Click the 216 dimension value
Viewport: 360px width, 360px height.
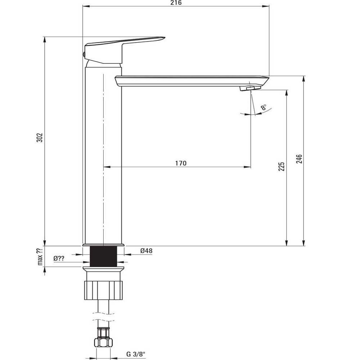point(176,3)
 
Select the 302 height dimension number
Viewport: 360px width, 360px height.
point(40,137)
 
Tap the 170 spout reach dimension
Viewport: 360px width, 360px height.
point(181,163)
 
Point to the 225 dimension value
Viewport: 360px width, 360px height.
point(281,166)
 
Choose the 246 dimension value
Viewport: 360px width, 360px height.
point(299,159)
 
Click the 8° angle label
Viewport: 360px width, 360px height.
point(264,107)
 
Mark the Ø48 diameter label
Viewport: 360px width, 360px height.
point(146,251)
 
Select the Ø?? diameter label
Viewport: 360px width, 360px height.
point(59,258)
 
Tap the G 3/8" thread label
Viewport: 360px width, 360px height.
point(136,354)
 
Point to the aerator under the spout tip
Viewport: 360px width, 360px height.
point(250,88)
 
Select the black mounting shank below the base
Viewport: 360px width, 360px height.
point(104,256)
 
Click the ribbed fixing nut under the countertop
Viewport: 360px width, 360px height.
point(104,290)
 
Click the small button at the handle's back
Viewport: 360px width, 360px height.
point(84,55)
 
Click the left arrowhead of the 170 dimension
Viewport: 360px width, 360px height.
point(107,167)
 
